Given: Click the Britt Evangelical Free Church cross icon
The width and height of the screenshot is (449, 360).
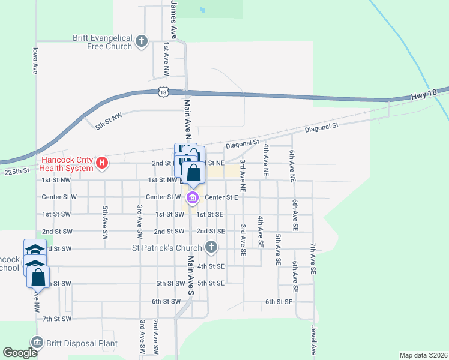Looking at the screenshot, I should click(x=141, y=41).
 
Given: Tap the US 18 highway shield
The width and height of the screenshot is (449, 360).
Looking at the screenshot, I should click(x=163, y=91).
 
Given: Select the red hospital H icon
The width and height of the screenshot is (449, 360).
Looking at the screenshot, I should click(x=102, y=163).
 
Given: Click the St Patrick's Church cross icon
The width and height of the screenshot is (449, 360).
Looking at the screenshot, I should click(x=211, y=247).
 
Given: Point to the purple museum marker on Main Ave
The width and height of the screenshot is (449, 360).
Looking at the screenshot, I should click(x=192, y=198).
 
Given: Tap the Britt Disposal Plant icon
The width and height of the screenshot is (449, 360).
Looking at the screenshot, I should click(x=37, y=343).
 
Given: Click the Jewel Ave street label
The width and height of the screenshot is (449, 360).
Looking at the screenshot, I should click(x=313, y=340).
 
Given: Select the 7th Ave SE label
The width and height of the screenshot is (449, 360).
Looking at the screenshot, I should click(x=313, y=259).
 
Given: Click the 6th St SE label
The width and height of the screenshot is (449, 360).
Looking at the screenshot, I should click(x=279, y=302).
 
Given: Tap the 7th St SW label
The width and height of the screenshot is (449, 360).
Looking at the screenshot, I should click(x=57, y=319).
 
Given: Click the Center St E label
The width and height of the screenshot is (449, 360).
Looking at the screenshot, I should click(x=221, y=197).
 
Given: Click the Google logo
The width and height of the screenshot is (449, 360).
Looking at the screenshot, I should click(x=20, y=353).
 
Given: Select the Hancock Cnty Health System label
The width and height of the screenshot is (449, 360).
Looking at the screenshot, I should click(x=67, y=164).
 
